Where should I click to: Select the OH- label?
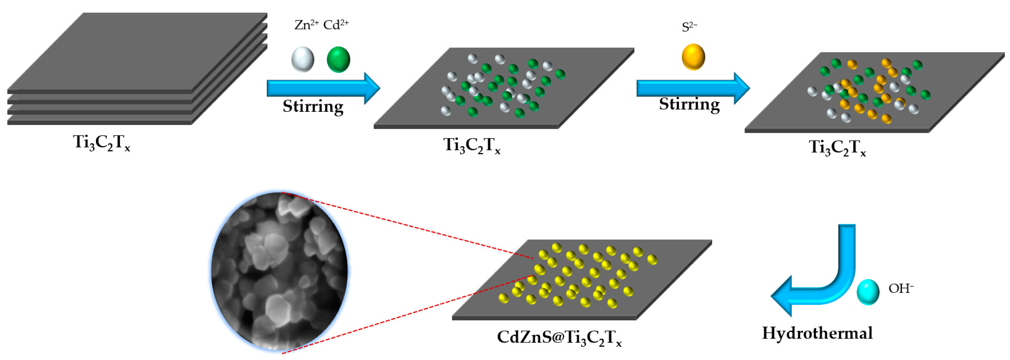click(x=901, y=289)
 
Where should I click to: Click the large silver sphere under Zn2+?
click(x=303, y=59)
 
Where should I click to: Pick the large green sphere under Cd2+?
click(x=338, y=59)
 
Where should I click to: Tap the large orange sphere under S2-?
click(x=693, y=57)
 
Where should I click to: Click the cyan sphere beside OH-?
click(x=868, y=292)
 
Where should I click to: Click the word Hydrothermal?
click(x=817, y=333)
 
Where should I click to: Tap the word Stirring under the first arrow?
click(x=313, y=107)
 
